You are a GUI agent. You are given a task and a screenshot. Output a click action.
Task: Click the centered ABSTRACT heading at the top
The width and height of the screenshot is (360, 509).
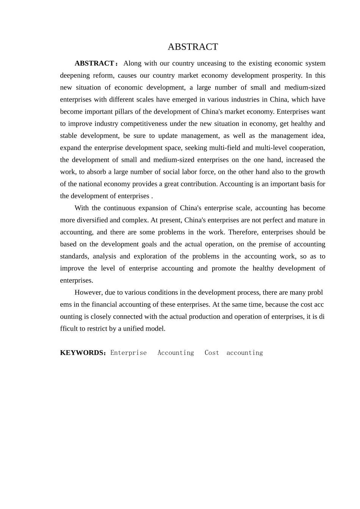(x=193, y=47)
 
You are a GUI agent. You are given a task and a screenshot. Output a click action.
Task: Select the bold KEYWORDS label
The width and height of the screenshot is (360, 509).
(x=82, y=353)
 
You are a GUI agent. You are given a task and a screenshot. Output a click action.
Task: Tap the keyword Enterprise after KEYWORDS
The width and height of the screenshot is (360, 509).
(x=128, y=353)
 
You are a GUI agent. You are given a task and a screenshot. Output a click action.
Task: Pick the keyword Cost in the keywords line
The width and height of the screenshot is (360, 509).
(x=212, y=353)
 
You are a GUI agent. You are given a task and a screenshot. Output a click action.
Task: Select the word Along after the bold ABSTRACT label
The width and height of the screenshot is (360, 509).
(x=132, y=63)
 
